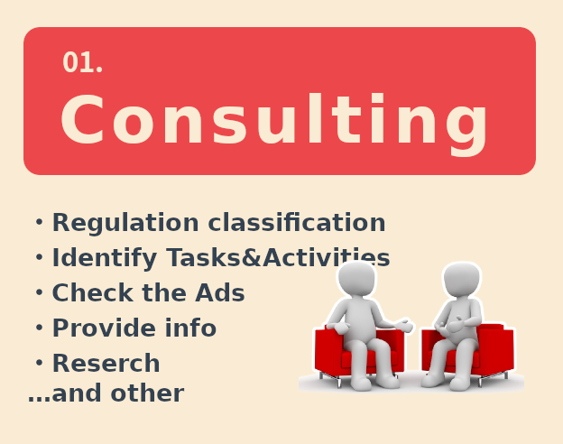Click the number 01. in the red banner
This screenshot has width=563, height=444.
pyautogui.click(x=83, y=62)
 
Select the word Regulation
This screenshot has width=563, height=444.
pyautogui.click(x=125, y=224)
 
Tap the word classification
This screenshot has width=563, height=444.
pyautogui.click(x=297, y=222)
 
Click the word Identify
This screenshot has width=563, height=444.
pyautogui.click(x=105, y=258)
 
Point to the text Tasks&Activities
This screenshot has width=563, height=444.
pyautogui.click(x=278, y=257)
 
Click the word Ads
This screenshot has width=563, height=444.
pyautogui.click(x=220, y=292)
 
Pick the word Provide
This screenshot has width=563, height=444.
pyautogui.click(x=104, y=328)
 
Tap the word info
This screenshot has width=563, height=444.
pyautogui.click(x=190, y=328)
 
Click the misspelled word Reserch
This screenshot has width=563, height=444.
pyautogui.click(x=106, y=363)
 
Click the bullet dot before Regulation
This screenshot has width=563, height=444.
pyautogui.click(x=39, y=222)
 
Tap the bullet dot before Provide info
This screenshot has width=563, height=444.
pyautogui.click(x=39, y=328)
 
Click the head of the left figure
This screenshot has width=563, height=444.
pyautogui.click(x=356, y=278)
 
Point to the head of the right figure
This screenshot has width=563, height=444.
pyautogui.click(x=462, y=280)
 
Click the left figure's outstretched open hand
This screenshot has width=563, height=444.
pyautogui.click(x=405, y=325)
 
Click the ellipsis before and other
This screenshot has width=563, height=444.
pyautogui.click(x=39, y=399)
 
